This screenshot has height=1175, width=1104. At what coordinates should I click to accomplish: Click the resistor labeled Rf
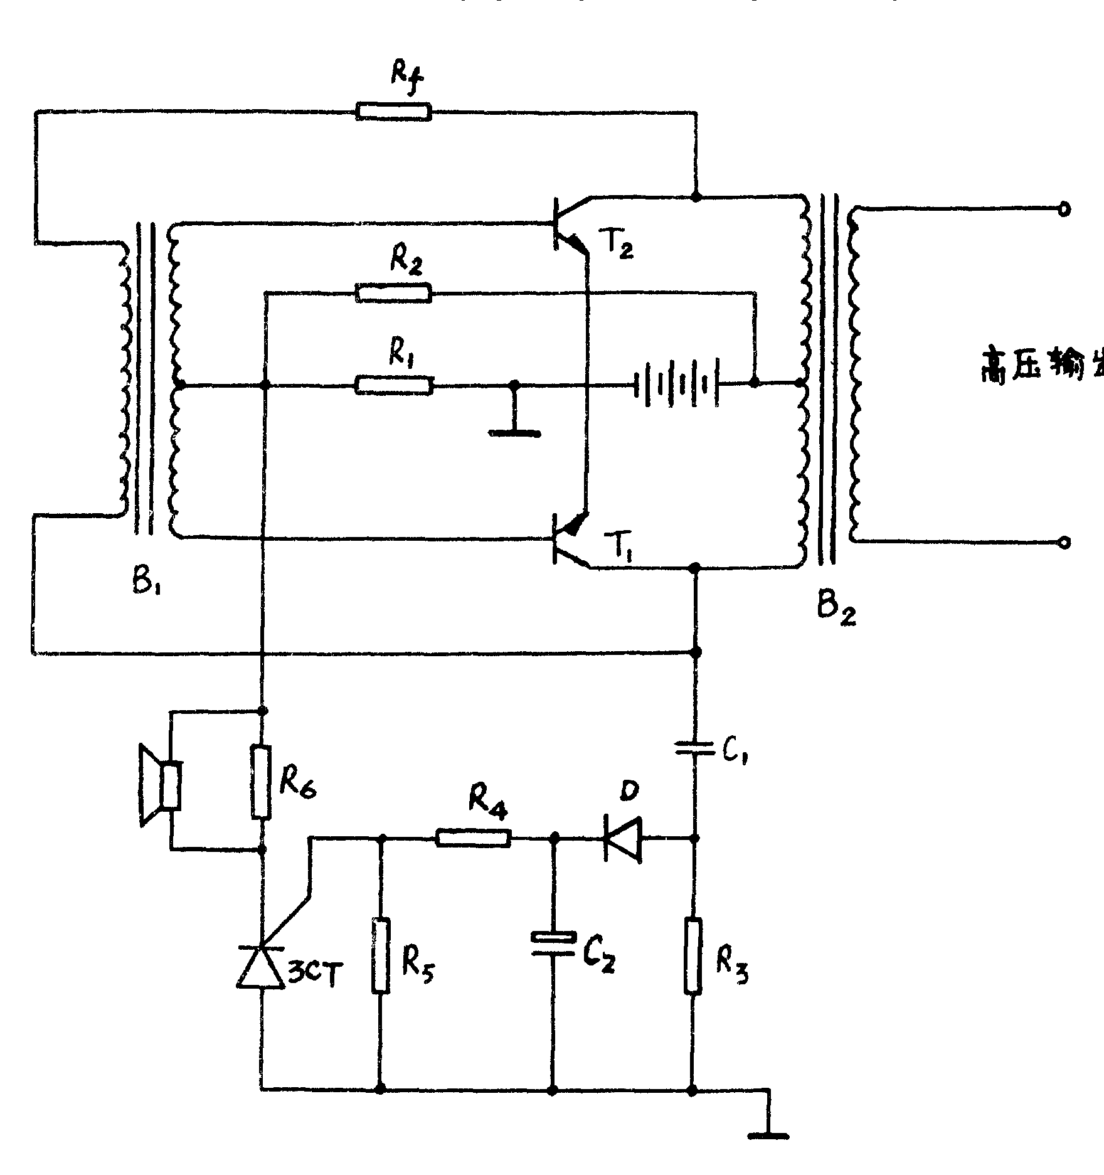point(393,112)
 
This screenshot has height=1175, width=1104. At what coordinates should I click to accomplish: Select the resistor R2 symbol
point(393,293)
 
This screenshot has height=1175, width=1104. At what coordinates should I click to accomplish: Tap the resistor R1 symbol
point(393,385)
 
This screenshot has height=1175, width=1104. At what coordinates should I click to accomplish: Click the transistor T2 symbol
point(568,224)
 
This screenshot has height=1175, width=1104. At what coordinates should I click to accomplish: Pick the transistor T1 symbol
point(568,538)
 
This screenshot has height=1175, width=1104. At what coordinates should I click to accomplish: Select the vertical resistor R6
point(262,782)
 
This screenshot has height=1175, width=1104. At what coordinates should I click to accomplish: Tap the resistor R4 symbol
point(473,838)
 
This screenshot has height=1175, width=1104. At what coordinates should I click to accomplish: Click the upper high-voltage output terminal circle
point(1064,210)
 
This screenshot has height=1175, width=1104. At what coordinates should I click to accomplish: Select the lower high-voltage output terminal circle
point(1064,543)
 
